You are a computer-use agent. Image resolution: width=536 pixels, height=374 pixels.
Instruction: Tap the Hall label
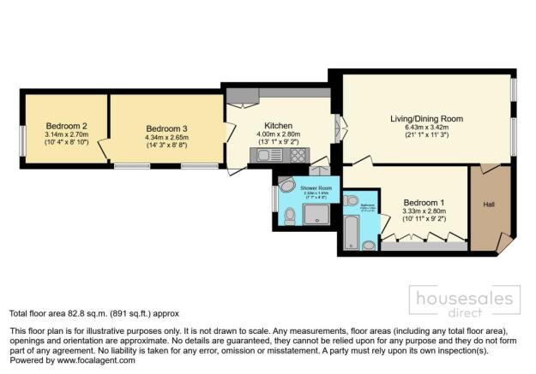click(x=489, y=205)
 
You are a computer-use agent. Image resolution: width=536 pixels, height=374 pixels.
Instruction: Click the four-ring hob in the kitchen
click(x=300, y=156)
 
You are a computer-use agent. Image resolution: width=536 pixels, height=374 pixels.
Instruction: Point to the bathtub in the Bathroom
click(x=351, y=232)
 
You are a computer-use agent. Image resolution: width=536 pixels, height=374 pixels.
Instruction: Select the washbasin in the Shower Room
click(x=286, y=187)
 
